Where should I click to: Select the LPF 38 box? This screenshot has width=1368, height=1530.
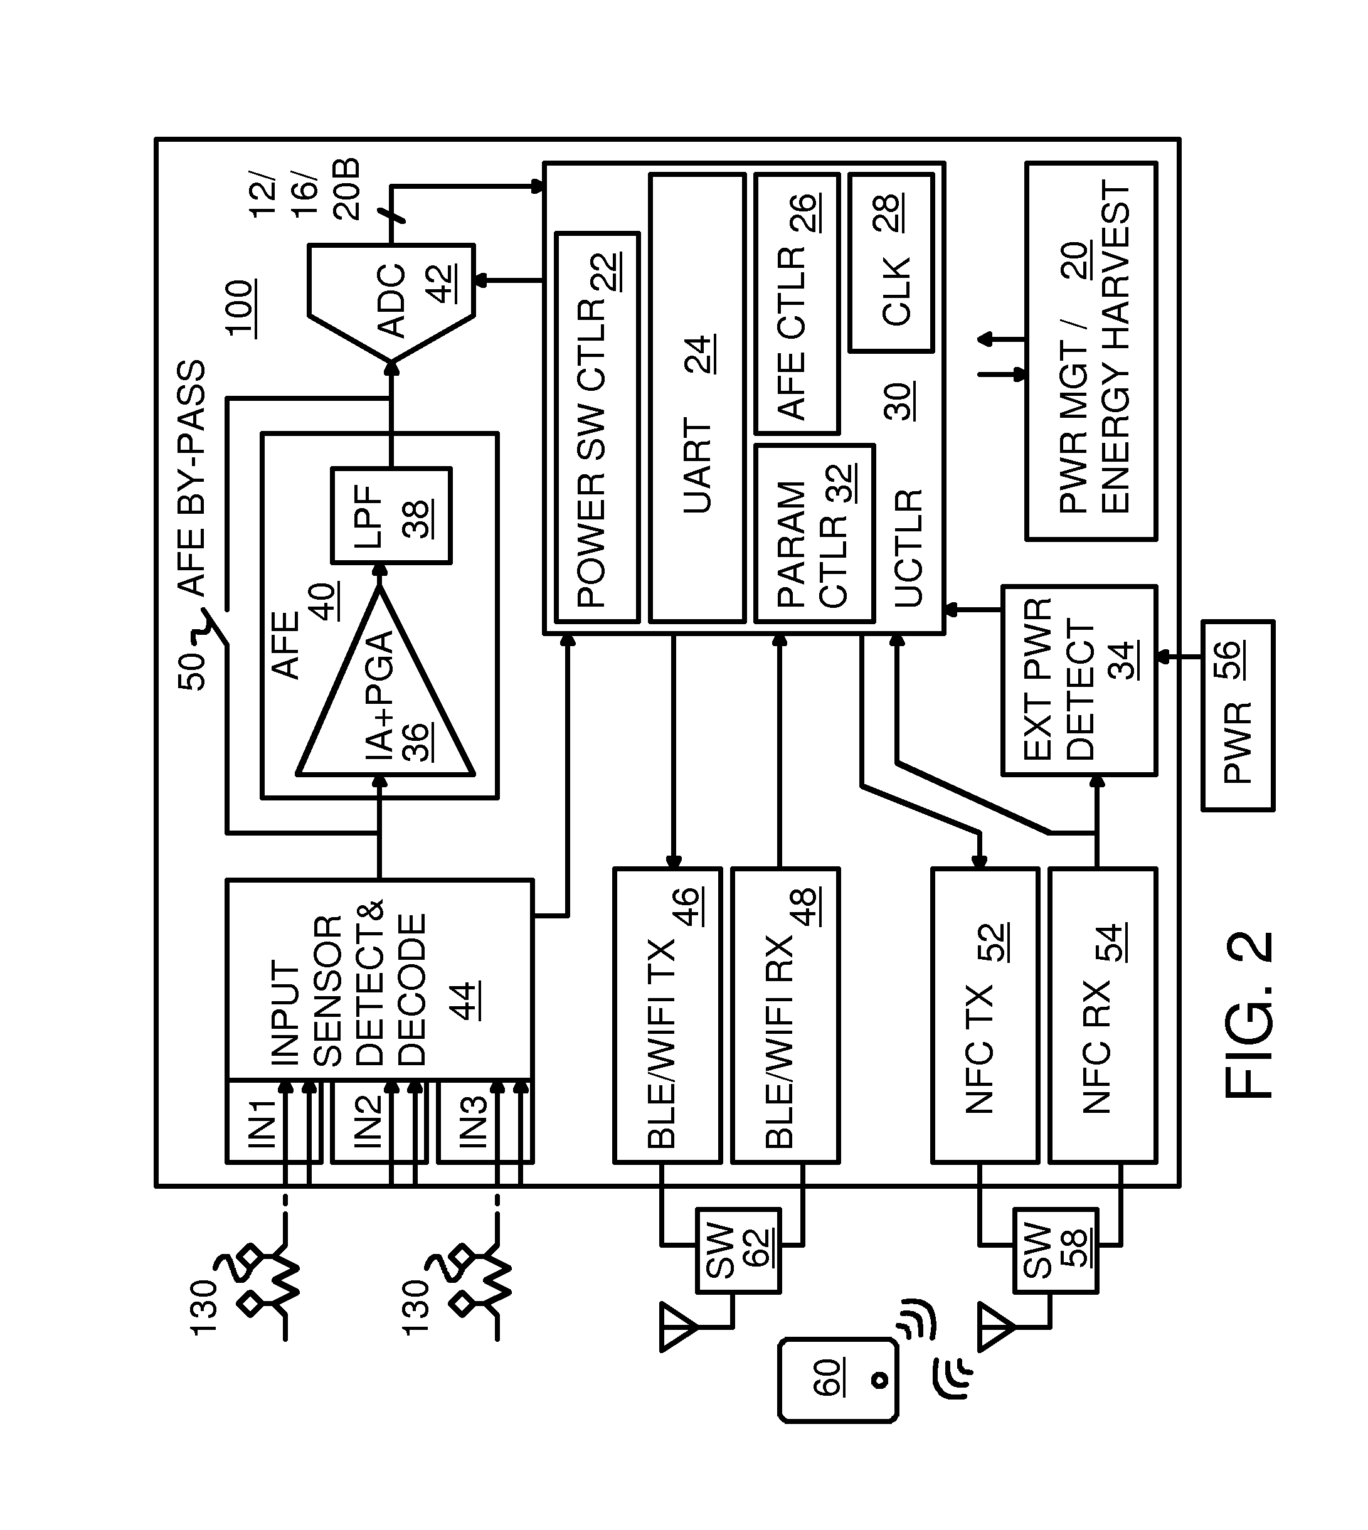point(391,515)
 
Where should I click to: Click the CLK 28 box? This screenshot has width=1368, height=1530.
point(891,263)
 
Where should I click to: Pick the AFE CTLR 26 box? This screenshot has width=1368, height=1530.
point(797,304)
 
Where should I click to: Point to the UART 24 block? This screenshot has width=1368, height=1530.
point(697,398)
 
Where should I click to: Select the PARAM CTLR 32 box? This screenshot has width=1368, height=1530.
point(815,534)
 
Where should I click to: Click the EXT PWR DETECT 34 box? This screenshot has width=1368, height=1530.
point(1079,681)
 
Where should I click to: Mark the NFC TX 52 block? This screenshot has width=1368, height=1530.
point(985,1015)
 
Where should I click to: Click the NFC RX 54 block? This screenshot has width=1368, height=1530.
point(1103,1015)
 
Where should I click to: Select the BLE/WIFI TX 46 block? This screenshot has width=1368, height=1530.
point(667,1015)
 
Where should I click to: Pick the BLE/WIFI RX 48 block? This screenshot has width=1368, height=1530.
point(785,1015)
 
